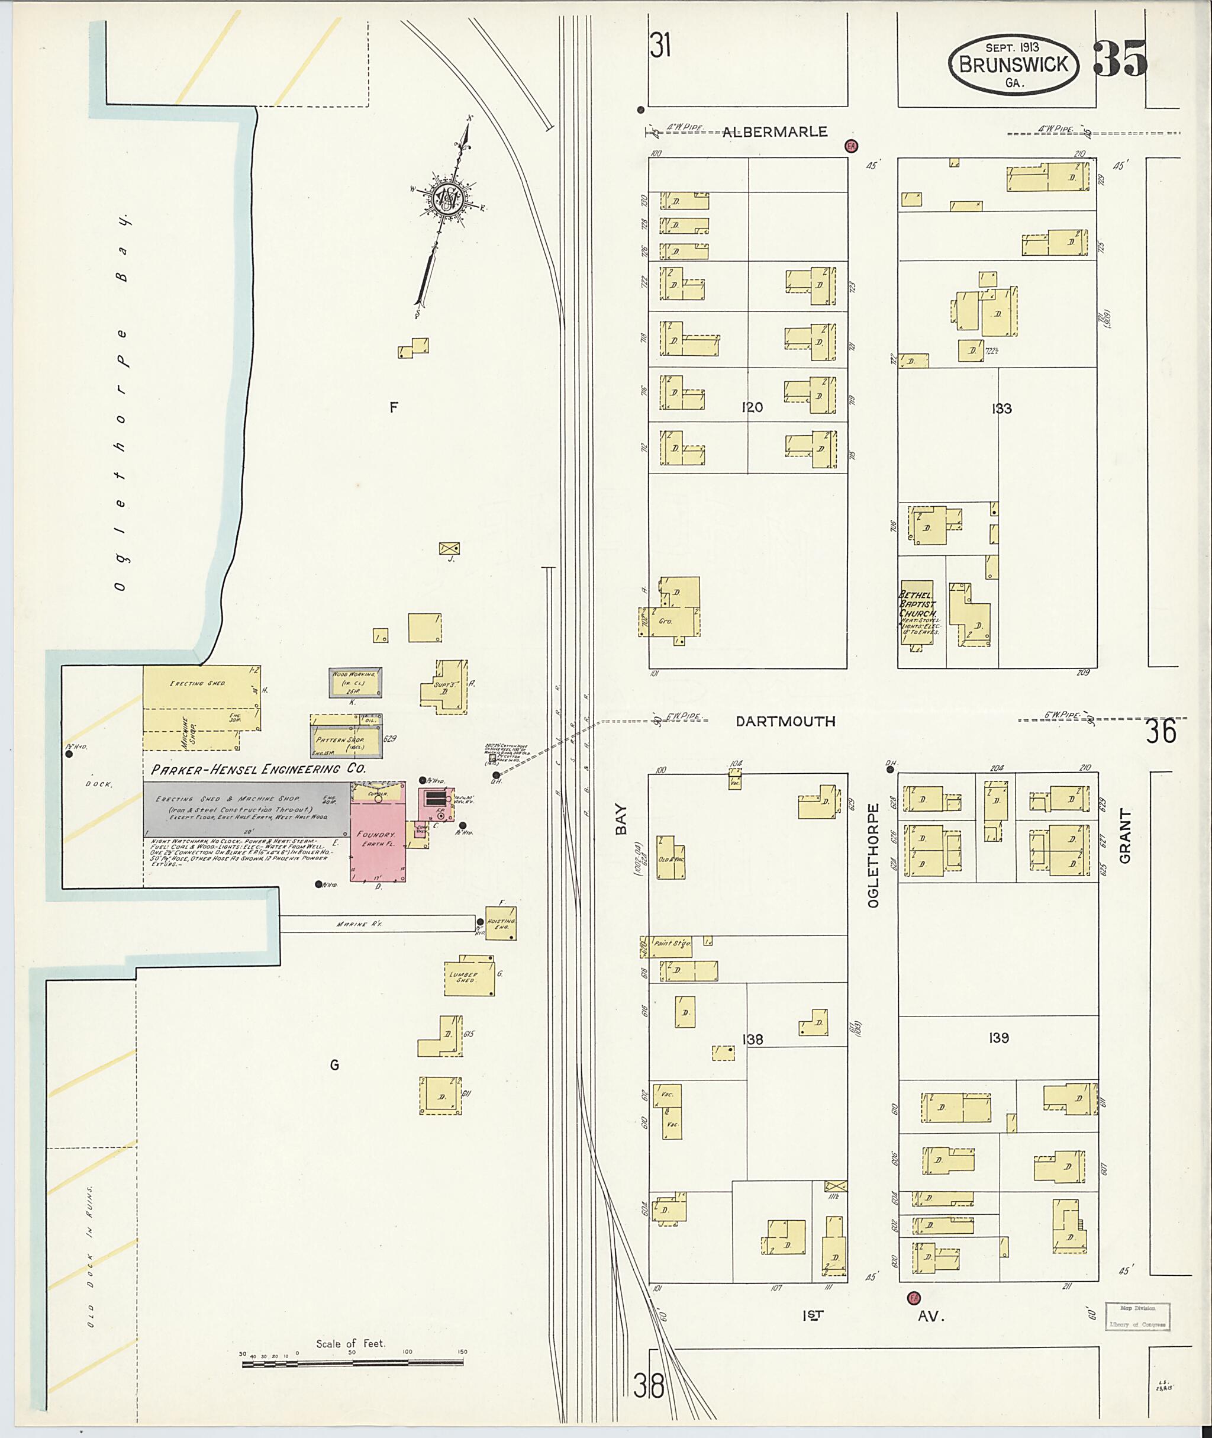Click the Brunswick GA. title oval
pyautogui.click(x=1013, y=64)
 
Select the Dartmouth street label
pyautogui.click(x=785, y=721)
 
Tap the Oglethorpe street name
pyautogui.click(x=873, y=856)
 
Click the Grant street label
pyautogui.click(x=1125, y=835)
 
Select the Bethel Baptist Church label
pyautogui.click(x=917, y=604)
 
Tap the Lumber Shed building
pyautogui.click(x=470, y=976)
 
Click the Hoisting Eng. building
pyautogui.click(x=501, y=923)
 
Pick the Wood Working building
pyautogui.click(x=355, y=683)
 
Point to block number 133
pyautogui.click(x=1001, y=409)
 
